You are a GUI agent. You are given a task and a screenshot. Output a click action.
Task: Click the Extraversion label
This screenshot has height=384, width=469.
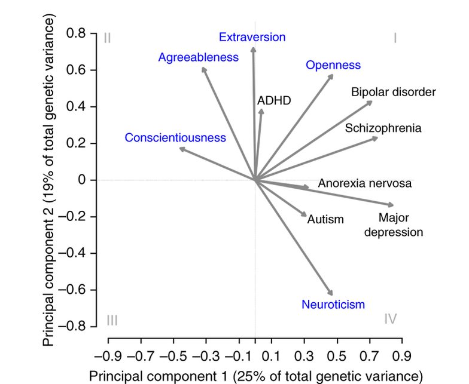pyautogui.click(x=252, y=38)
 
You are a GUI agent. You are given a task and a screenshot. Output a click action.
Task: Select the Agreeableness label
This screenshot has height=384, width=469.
pyautogui.click(x=198, y=57)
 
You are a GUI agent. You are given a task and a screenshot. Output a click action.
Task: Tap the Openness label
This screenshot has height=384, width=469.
pyautogui.click(x=333, y=65)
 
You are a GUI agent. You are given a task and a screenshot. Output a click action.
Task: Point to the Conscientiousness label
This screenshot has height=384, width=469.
pyautogui.click(x=175, y=138)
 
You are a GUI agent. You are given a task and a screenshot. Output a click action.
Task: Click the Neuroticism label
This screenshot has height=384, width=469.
pyautogui.click(x=333, y=305)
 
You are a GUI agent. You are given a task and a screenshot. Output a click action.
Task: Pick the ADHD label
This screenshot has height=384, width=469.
pyautogui.click(x=273, y=100)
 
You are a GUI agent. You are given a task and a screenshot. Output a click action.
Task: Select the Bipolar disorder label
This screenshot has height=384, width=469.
pyautogui.click(x=393, y=92)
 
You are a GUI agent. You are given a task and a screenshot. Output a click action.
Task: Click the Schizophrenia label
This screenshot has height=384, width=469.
pyautogui.click(x=383, y=128)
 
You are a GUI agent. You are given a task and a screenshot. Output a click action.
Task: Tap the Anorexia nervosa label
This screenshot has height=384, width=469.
pyautogui.click(x=364, y=184)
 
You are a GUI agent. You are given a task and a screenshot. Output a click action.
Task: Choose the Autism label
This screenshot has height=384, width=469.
pyautogui.click(x=325, y=219)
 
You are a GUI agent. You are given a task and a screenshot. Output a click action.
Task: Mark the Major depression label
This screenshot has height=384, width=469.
pyautogui.click(x=394, y=225)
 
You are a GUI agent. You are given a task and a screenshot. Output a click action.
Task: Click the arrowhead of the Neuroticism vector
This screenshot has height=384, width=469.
pyautogui.click(x=331, y=293)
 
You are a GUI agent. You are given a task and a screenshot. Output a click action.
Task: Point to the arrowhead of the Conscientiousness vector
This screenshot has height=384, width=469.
pyautogui.click(x=181, y=149)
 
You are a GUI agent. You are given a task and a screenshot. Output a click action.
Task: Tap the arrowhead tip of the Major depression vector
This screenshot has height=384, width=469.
pyautogui.click(x=392, y=205)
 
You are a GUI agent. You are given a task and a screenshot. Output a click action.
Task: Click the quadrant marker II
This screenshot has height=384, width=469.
pyautogui.click(x=108, y=38)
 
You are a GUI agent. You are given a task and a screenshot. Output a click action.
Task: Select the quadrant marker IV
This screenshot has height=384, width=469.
pyautogui.click(x=390, y=319)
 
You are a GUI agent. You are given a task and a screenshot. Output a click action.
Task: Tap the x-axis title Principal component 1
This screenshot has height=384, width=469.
pyautogui.click(x=255, y=376)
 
